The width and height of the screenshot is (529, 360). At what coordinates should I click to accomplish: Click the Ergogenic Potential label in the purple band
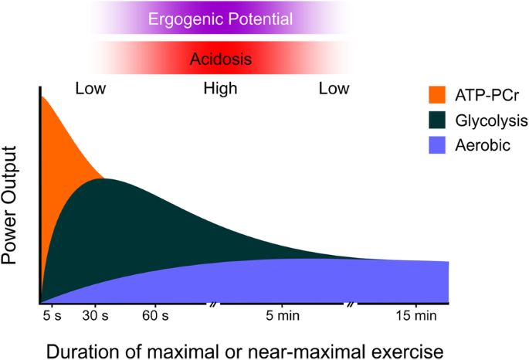pyautogui.click(x=220, y=19)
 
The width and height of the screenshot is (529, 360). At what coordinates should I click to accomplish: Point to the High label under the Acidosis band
pyautogui.click(x=220, y=89)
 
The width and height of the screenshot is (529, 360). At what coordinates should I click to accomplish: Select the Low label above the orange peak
pyautogui.click(x=90, y=89)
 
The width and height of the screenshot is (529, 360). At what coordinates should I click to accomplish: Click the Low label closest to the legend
pyautogui.click(x=334, y=89)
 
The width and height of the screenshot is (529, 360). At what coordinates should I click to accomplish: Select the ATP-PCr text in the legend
pyautogui.click(x=488, y=96)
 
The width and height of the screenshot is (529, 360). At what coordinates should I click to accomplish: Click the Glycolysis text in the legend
pyautogui.click(x=493, y=121)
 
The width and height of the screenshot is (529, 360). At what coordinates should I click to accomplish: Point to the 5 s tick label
pyautogui.click(x=50, y=315)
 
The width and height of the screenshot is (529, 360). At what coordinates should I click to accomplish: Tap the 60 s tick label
pyautogui.click(x=154, y=315)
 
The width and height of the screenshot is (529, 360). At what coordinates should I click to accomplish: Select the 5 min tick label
pyautogui.click(x=281, y=315)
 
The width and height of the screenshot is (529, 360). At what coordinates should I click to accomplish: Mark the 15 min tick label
pyautogui.click(x=415, y=315)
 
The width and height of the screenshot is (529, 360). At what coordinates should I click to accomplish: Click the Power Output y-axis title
pyautogui.click(x=13, y=218)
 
